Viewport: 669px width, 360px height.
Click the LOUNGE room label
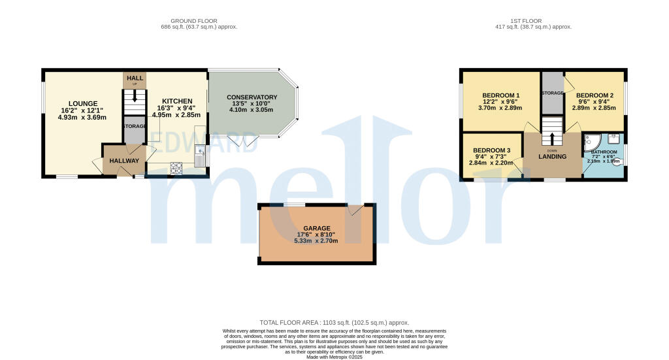83,103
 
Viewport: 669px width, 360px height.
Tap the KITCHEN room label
177,101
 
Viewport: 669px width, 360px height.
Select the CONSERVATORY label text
252,97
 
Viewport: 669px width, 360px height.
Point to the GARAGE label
316,228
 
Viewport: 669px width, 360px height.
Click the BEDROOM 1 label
501,95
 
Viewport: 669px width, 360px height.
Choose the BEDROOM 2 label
595,95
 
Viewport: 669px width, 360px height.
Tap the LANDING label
552,157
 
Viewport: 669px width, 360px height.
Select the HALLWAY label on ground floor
124,161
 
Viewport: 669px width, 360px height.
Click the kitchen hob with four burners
177,167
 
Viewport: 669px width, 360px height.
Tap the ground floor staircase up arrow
135,96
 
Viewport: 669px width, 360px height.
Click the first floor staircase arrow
553,138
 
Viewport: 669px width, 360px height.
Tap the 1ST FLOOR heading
534,21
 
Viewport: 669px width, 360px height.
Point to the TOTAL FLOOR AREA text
334,323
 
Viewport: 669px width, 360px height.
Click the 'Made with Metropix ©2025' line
334,357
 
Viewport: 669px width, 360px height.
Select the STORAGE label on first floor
552,93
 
